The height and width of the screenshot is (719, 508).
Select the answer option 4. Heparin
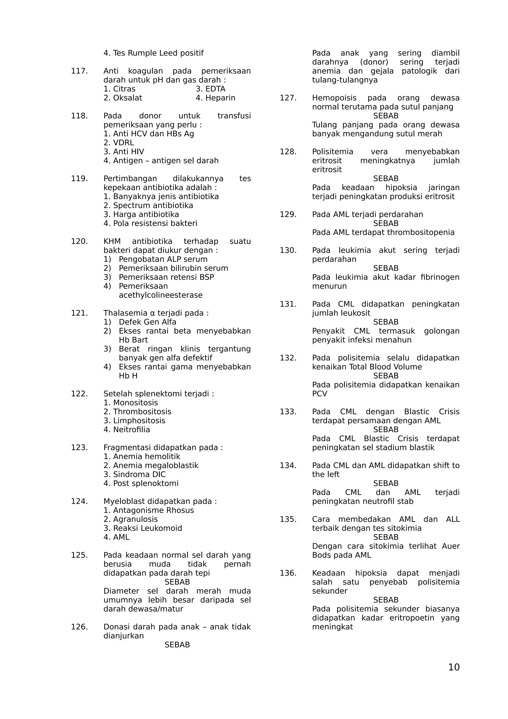(215, 98)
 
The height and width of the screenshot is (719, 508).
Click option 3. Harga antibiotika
(141, 215)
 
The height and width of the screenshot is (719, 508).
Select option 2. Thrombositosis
(137, 412)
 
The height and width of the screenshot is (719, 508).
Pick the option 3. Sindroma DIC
(135, 474)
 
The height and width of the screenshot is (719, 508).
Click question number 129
(288, 215)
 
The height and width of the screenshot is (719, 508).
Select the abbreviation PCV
(319, 394)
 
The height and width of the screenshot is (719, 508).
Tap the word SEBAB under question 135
(386, 537)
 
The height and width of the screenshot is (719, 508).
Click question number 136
(288, 573)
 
